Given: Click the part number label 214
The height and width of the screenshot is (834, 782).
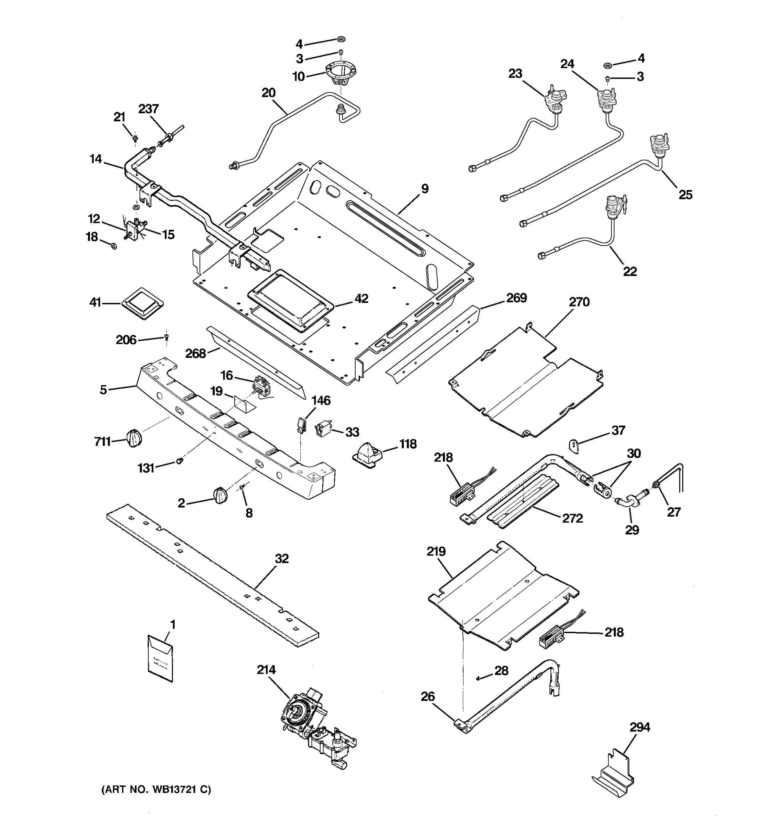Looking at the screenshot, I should (x=266, y=670).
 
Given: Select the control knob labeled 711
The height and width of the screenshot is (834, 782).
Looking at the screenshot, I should (x=134, y=439).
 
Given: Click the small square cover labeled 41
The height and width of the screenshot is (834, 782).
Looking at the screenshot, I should (x=142, y=303).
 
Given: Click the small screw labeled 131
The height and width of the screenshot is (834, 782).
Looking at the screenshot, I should (x=180, y=461).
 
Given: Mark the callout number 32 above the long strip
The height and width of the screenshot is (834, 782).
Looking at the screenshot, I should (x=282, y=559).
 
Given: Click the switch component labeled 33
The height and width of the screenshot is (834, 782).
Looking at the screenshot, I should (x=324, y=429).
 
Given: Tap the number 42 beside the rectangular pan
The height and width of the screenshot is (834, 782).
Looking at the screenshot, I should (x=361, y=299).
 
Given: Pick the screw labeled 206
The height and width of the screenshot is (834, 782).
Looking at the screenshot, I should (x=166, y=336).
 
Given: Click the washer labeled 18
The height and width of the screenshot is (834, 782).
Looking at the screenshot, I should (x=113, y=246).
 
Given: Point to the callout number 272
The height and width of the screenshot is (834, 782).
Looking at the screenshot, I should (x=573, y=518).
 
